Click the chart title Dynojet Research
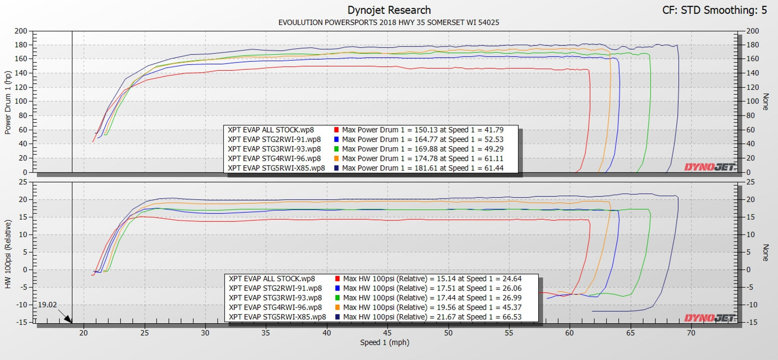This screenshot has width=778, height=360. pos(389,10)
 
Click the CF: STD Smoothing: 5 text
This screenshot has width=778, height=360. pos(714,10)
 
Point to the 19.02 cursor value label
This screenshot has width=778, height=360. pos(47,305)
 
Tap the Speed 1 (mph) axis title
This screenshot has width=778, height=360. pos(385,342)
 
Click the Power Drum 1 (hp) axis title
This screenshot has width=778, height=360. pos(8,102)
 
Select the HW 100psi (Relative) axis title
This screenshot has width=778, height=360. pos(8,254)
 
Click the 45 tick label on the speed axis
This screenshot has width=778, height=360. pos(387,333)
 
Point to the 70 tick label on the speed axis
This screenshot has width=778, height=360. pos(691,333)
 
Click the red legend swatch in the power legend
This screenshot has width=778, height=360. pos(336,130)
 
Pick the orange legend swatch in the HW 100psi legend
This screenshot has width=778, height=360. pos(337,308)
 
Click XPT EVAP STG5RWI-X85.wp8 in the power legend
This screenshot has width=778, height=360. pos(276,168)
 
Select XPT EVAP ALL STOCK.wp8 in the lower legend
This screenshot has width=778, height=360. pos(272,279)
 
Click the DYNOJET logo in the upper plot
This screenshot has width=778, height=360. pos(709,167)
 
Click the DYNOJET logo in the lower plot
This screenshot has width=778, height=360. pos(709,318)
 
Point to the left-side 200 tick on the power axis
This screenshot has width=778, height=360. pos(21,31)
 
